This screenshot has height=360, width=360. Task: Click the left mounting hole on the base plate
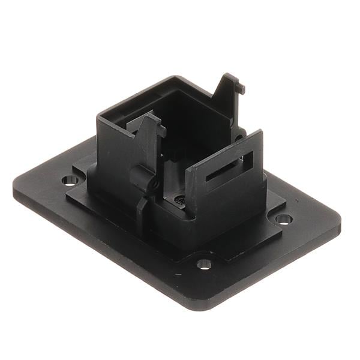[70, 179]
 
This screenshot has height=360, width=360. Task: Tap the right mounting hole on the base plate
[284, 218]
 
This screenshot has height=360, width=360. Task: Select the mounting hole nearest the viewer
[204, 263]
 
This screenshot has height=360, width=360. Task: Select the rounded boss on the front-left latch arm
[139, 175]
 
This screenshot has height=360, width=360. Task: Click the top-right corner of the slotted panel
[262, 131]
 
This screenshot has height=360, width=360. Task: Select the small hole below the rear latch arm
[239, 137]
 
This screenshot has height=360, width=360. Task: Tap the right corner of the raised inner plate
[285, 198]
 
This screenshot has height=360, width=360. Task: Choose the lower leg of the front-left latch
[141, 210]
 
